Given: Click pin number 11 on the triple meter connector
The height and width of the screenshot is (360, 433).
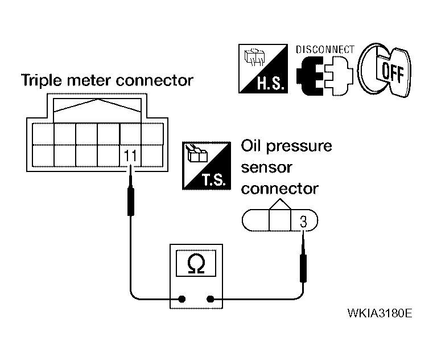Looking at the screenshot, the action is point(130,156).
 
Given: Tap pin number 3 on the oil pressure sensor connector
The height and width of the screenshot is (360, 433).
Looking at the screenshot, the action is point(303,222).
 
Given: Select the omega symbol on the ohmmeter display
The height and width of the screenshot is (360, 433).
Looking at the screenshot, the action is point(196,264).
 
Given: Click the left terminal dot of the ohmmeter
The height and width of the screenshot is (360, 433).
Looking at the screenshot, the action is point(182,299).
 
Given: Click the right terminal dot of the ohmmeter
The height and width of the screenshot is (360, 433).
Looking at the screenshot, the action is point(210,299).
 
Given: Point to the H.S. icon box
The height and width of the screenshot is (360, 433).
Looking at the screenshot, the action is point(263,68).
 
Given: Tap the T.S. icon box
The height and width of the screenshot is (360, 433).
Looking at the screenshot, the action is point(207,166).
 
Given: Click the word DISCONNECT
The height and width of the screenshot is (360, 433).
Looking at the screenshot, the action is point(325,50).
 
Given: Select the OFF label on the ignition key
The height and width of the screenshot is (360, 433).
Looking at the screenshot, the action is point(393,73).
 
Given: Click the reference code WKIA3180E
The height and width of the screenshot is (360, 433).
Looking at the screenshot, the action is point(380,313).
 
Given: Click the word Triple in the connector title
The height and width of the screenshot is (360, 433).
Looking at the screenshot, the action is point(42,80).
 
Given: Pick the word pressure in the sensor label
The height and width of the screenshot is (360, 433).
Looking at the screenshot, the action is point(299,146).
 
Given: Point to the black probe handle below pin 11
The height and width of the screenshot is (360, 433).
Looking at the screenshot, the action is point(131,202).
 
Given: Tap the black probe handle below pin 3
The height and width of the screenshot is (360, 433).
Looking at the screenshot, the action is point(303,268).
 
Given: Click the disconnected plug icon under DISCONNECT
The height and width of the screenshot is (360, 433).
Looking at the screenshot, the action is point(325,76).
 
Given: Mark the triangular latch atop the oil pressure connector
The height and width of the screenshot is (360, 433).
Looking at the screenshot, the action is point(280,204).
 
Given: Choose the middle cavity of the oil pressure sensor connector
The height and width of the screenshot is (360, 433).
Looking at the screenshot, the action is point(280,220).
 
